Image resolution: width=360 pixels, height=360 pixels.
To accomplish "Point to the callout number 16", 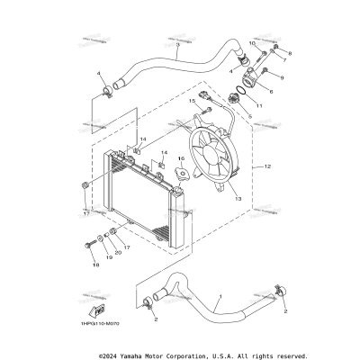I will click(180, 158).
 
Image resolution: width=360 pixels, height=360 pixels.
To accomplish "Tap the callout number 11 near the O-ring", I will click(259, 106).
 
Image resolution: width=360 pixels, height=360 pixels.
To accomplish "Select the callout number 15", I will click(191, 102).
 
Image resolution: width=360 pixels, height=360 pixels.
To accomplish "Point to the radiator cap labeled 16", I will click(179, 174).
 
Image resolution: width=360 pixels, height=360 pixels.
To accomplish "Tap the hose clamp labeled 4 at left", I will click(106, 90).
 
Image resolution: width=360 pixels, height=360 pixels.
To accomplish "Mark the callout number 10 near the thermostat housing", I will click(251, 44).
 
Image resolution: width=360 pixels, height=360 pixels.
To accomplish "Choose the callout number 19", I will click(109, 257).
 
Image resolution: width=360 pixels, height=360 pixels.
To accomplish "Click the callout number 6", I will click(270, 91).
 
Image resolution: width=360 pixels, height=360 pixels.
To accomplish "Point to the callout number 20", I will click(118, 253).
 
